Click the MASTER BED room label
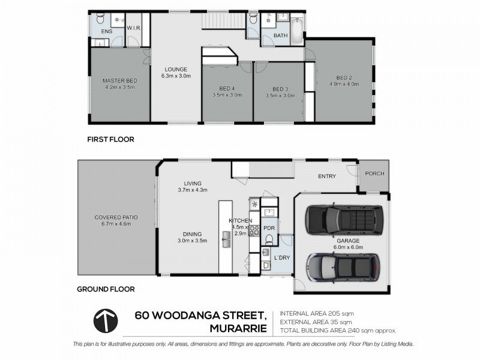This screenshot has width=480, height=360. [x=119, y=81]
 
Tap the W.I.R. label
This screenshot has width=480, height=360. [x=133, y=28]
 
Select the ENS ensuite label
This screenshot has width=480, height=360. [x=106, y=31]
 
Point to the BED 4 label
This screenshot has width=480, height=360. [x=227, y=89]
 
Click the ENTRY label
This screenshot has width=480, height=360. [x=327, y=176]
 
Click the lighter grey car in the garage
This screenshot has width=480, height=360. [x=343, y=266]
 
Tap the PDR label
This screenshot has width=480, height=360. [x=268, y=227]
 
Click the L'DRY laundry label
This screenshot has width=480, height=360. [x=281, y=257]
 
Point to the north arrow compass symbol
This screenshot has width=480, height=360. [x=106, y=321]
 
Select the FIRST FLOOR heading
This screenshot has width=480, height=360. [x=110, y=139]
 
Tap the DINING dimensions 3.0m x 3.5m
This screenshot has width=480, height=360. [x=192, y=241]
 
